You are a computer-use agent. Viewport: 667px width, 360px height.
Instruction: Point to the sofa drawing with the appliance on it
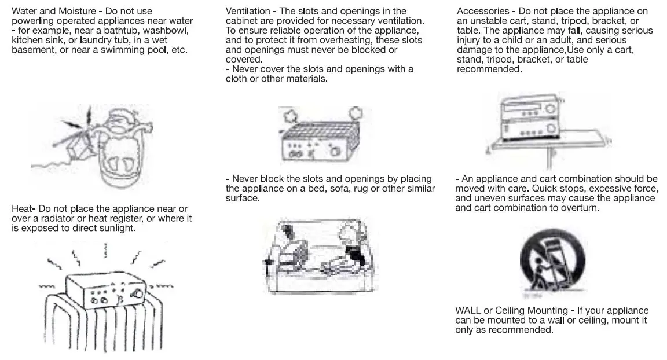[317, 255]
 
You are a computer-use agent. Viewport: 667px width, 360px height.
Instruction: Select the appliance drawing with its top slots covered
[317, 139]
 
